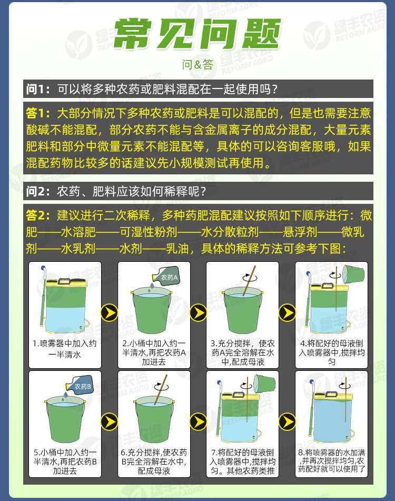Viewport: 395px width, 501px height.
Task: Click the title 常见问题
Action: click(197, 34)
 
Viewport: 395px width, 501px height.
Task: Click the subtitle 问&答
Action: click(197, 65)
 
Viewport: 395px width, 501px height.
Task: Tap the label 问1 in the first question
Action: click(38, 89)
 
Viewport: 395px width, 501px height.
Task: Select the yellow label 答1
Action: click(38, 113)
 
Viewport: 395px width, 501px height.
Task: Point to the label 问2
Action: click(38, 190)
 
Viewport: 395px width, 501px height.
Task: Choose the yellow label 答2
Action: click(38, 215)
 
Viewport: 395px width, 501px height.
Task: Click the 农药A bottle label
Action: click(170, 278)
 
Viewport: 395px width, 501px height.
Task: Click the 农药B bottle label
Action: click(82, 387)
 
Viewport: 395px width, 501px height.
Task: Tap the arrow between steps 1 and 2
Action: click(109, 312)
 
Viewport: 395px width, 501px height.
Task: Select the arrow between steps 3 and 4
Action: click(287, 312)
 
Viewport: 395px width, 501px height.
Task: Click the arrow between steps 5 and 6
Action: click(109, 421)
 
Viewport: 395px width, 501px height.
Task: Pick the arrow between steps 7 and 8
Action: click(287, 421)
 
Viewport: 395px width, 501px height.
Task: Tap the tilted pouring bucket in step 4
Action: click(353, 274)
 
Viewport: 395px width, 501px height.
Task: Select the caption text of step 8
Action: click(331, 461)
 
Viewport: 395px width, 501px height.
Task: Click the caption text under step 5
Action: click(65, 461)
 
